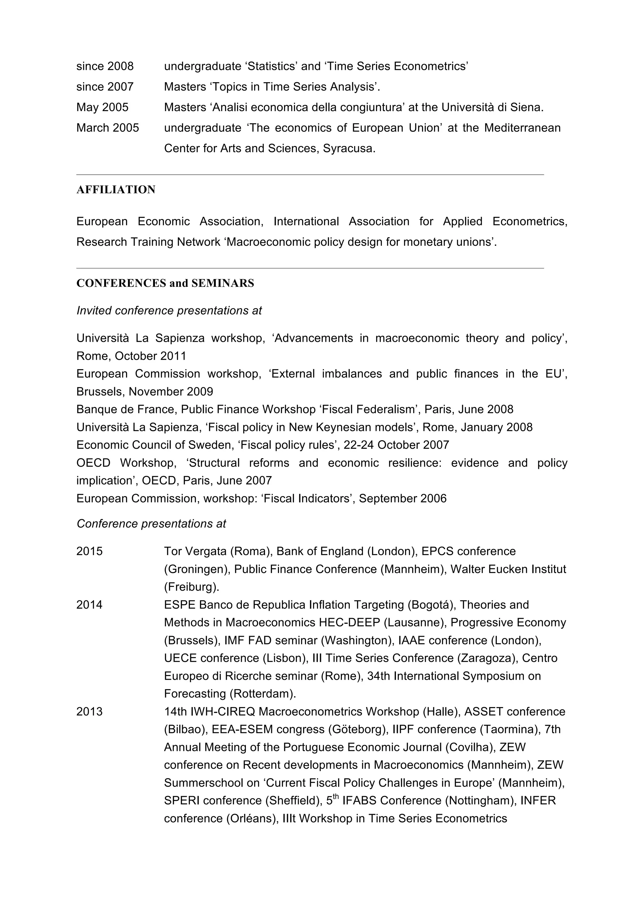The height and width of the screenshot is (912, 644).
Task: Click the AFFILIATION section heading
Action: pyautogui.click(x=115, y=190)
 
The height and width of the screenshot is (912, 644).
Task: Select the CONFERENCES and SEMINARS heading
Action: pyautogui.click(x=165, y=283)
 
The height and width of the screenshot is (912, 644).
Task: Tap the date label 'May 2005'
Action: pyautogui.click(x=103, y=107)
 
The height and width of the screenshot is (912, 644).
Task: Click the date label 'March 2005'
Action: pyautogui.click(x=108, y=128)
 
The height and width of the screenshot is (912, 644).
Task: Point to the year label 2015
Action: pyautogui.click(x=89, y=551)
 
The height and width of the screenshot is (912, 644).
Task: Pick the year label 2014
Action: pyautogui.click(x=89, y=605)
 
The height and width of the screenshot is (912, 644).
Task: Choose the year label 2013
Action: pyautogui.click(x=89, y=712)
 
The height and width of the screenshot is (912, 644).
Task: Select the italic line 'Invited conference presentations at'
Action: pyautogui.click(x=169, y=311)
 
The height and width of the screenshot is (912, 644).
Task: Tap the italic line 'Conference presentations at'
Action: pyautogui.click(x=151, y=524)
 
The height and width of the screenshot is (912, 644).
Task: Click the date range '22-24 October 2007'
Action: pyautogui.click(x=396, y=445)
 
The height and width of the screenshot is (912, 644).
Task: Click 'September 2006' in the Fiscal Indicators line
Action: pyautogui.click(x=403, y=498)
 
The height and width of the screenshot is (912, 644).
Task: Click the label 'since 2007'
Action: pyautogui.click(x=105, y=87)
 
